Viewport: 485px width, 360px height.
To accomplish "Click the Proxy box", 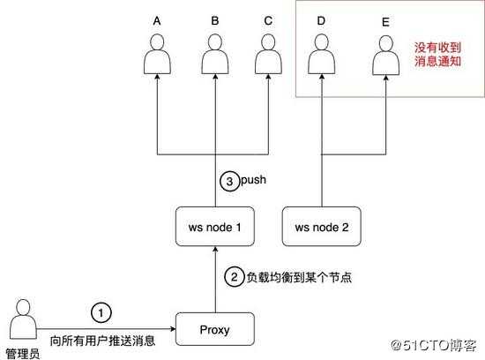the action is click(x=215, y=329).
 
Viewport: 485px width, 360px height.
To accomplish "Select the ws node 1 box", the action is click(x=215, y=227).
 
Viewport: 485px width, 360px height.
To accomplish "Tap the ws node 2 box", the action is click(x=322, y=227).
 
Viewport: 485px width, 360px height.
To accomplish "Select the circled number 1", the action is click(x=101, y=313).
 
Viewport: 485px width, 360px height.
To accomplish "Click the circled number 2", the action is click(x=235, y=276).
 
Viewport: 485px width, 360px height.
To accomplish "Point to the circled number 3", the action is click(x=230, y=181).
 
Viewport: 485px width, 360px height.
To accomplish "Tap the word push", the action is click(x=253, y=180).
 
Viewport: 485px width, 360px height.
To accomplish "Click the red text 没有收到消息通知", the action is click(x=437, y=54).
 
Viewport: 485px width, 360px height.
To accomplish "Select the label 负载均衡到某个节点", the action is click(x=299, y=277).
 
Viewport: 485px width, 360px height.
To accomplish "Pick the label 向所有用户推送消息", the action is click(x=102, y=341).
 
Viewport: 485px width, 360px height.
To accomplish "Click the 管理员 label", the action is click(x=23, y=354).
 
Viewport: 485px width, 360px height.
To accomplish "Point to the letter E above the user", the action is click(x=385, y=22).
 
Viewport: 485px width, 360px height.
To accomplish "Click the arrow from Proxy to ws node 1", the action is click(x=215, y=280).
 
